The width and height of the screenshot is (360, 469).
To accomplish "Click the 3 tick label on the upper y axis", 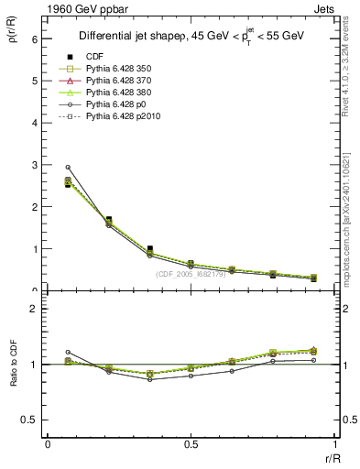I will pos(36,165).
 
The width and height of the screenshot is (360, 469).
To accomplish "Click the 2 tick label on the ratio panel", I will pos(36,309).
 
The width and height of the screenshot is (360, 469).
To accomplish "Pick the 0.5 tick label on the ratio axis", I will pos(32,420).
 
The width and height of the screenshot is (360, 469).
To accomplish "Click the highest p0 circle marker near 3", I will pos(68,168).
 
